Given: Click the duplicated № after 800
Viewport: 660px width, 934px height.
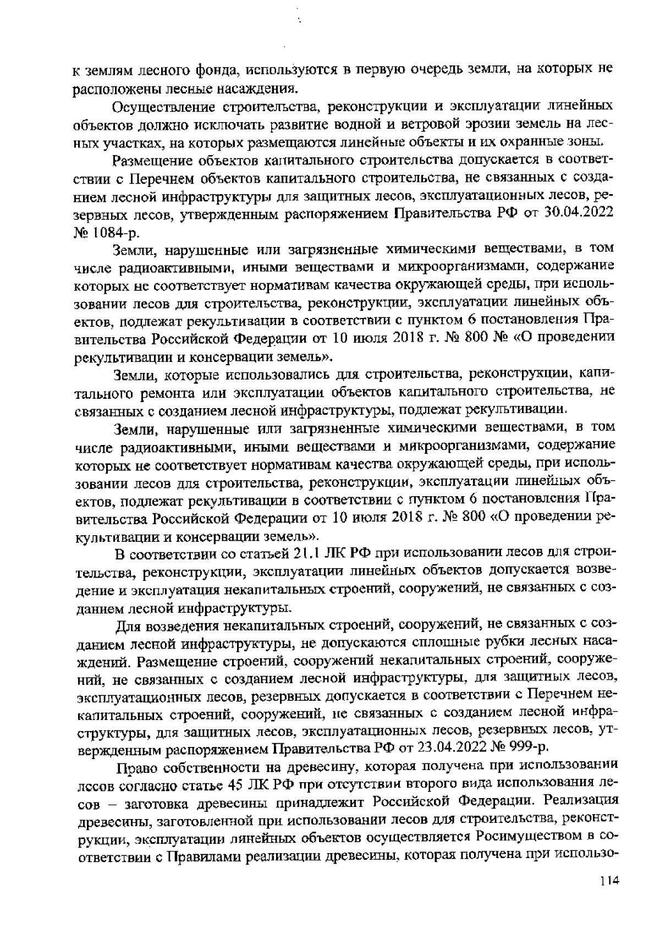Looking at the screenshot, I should (x=499, y=338).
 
